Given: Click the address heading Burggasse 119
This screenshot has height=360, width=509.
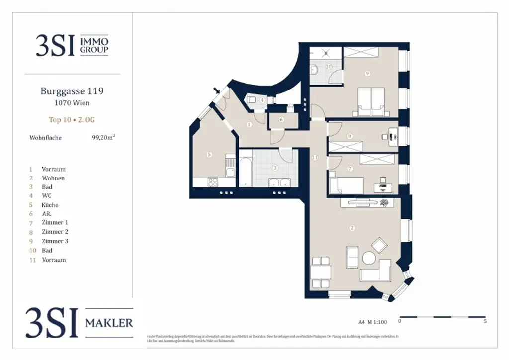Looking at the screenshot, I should (x=72, y=91).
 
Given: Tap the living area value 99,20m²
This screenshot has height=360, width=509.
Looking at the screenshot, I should (x=103, y=138).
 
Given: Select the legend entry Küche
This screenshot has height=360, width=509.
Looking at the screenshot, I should (x=50, y=205).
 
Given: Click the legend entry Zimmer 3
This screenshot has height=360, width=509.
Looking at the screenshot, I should (x=55, y=241).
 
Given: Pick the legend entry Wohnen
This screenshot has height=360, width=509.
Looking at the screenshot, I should (x=53, y=178).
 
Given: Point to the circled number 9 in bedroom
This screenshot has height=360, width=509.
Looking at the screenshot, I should (x=367, y=74).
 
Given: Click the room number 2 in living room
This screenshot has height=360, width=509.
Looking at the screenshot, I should (x=352, y=228).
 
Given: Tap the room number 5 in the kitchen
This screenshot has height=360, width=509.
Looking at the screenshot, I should (x=209, y=155).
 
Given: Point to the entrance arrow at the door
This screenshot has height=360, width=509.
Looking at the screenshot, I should (x=216, y=90).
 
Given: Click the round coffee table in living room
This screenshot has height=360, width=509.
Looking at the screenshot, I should (x=369, y=258).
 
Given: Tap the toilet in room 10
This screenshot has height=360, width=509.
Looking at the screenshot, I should (x=315, y=70).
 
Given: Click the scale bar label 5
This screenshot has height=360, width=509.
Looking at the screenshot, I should (x=485, y=321).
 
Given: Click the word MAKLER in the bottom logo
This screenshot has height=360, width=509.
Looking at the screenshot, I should (x=109, y=323).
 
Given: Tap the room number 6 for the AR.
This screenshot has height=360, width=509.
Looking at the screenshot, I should (x=281, y=120).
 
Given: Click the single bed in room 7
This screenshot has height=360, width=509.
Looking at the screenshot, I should (x=345, y=185).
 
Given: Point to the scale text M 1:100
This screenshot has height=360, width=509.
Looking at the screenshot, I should (x=379, y=321).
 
